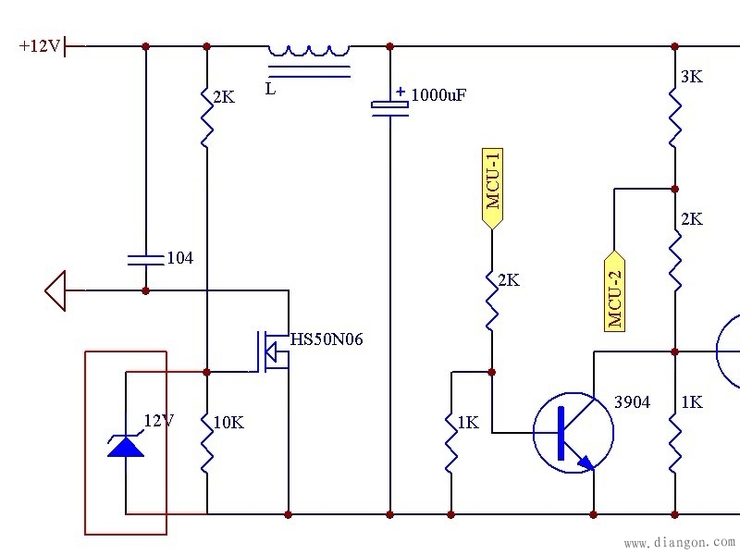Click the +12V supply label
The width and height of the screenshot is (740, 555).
click(x=39, y=45)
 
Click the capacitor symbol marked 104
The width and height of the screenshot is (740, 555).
click(x=145, y=258)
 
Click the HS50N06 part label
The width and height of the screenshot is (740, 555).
click(x=327, y=339)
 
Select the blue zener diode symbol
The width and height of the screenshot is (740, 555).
click(x=126, y=445)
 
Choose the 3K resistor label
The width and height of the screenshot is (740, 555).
click(x=691, y=78)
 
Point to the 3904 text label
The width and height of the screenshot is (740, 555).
click(x=632, y=402)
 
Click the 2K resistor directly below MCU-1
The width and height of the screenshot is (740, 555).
click(x=491, y=300)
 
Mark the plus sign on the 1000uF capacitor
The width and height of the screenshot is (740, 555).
click(x=401, y=92)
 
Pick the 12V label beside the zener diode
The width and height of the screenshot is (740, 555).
click(x=158, y=421)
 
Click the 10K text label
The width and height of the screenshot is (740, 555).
click(x=228, y=423)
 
